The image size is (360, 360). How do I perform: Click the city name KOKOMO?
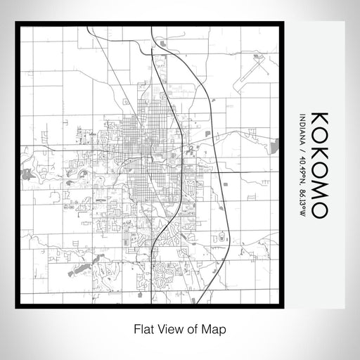(x=316, y=163)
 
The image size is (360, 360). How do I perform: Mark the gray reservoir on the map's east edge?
(x=275, y=146)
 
